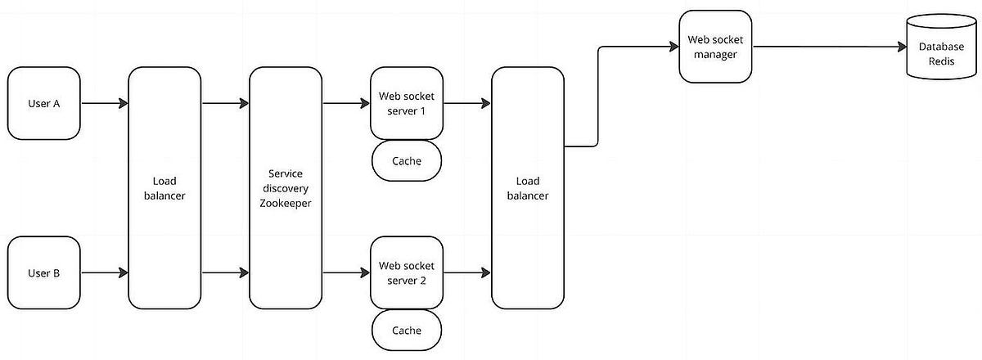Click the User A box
pyautogui.click(x=43, y=104)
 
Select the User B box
pyautogui.click(x=43, y=272)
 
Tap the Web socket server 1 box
pyautogui.click(x=407, y=104)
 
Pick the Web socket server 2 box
pyautogui.click(x=407, y=272)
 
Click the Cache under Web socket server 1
pyautogui.click(x=407, y=161)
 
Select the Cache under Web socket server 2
pyautogui.click(x=407, y=330)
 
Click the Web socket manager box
pyautogui.click(x=715, y=47)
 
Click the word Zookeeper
pyautogui.click(x=286, y=203)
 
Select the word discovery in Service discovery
pyautogui.click(x=286, y=188)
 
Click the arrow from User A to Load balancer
pyautogui.click(x=104, y=104)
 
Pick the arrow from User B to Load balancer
pyautogui.click(x=104, y=272)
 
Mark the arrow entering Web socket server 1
pyautogui.click(x=346, y=104)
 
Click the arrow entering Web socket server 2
pyautogui.click(x=346, y=272)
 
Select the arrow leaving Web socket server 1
pyautogui.click(x=467, y=104)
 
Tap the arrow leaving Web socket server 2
pyautogui.click(x=467, y=272)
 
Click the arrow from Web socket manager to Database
pyautogui.click(x=827, y=47)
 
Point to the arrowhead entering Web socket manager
pyautogui.click(x=673, y=47)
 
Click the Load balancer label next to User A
pyautogui.click(x=164, y=188)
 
